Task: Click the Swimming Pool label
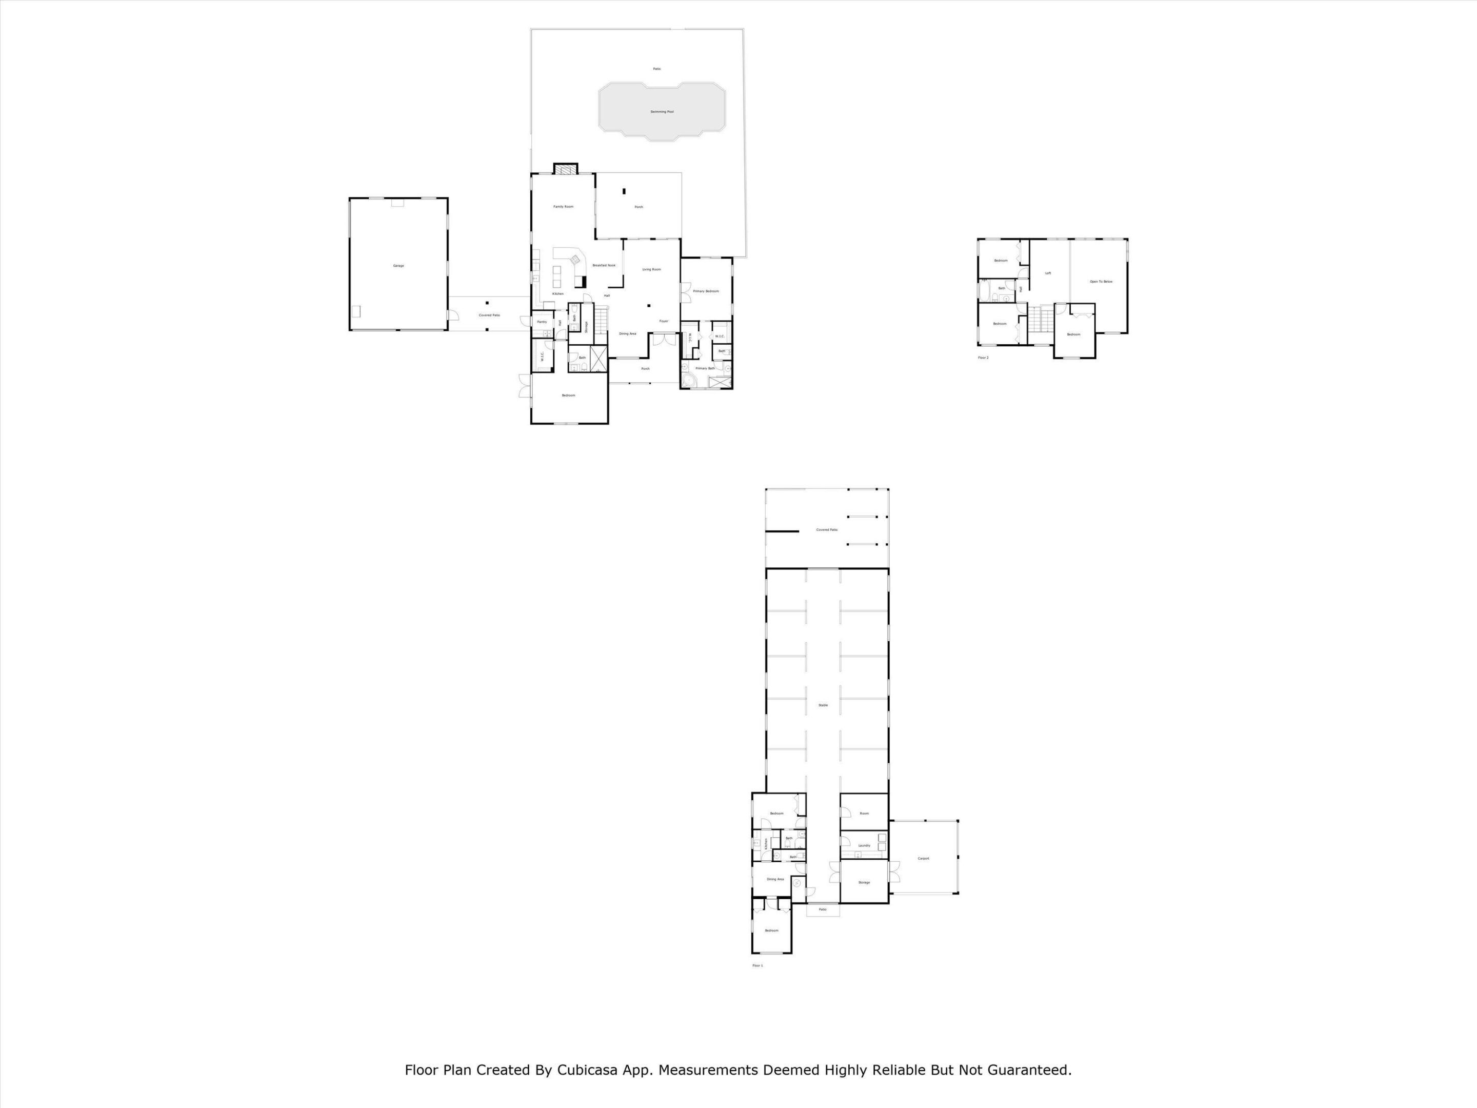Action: pos(662,111)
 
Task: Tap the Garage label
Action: pos(398,266)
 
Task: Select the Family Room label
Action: pos(563,206)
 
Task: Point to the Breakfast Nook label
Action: pos(604,265)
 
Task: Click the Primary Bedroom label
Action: pos(706,291)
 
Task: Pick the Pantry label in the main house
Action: pos(542,322)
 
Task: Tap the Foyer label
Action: pos(664,321)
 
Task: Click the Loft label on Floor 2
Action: pos(1048,272)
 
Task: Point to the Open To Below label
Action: pos(1101,281)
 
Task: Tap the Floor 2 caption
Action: pos(983,358)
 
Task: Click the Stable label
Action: pos(823,705)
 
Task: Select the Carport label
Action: pos(924,858)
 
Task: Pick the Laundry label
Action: pos(864,845)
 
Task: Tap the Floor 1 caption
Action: pos(757,966)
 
